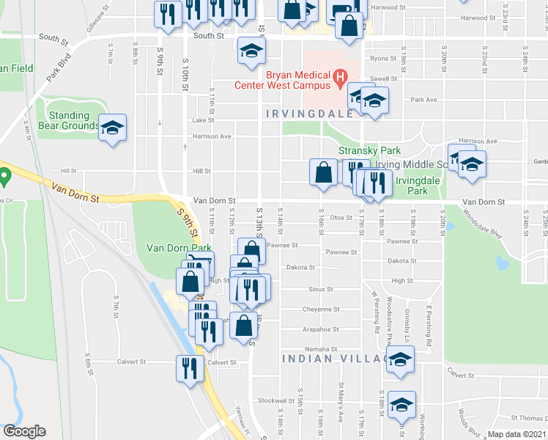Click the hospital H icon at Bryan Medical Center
point(340,76)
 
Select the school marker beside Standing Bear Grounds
point(112,129)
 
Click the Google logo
point(24,431)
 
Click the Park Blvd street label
point(59,65)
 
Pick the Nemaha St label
point(322,349)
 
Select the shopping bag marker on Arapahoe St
point(243,323)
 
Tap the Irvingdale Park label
point(411,186)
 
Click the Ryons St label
point(383,58)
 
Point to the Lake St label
point(203,120)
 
